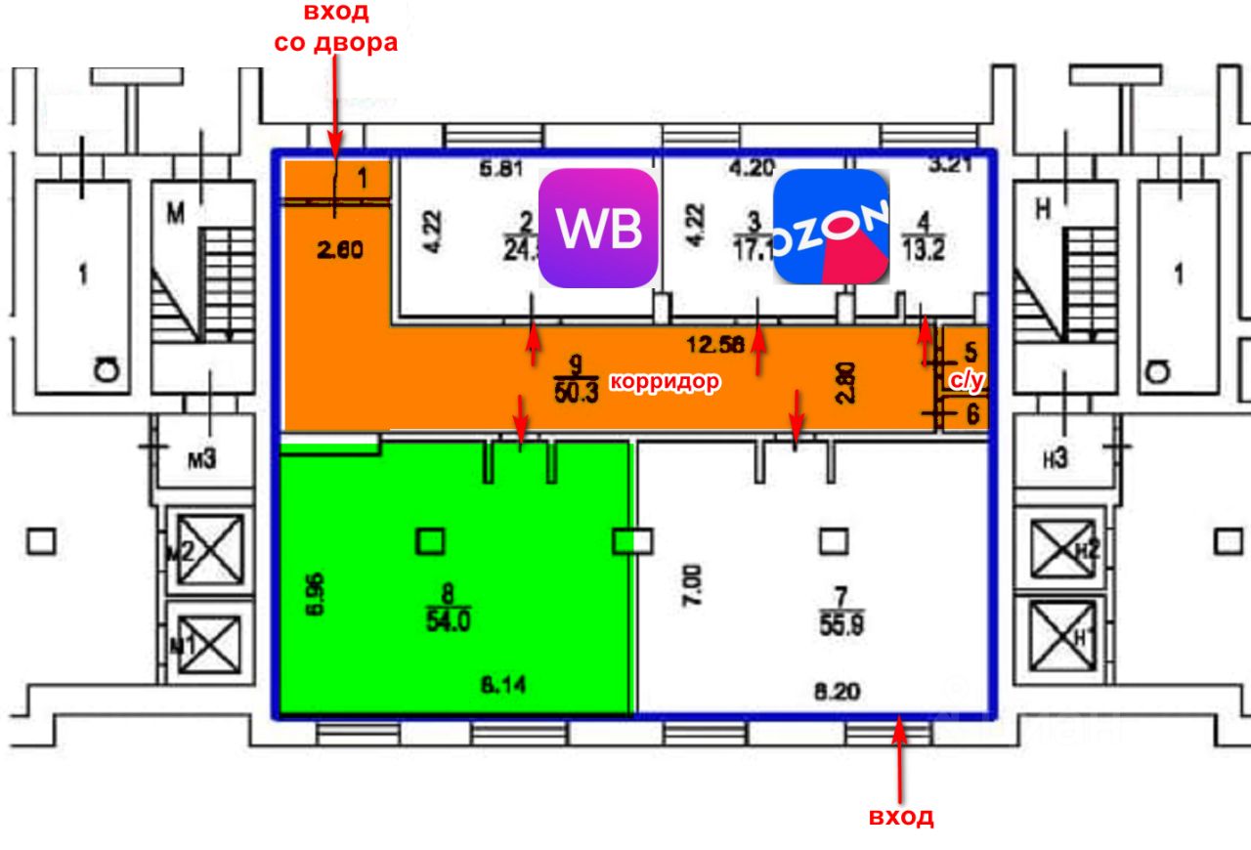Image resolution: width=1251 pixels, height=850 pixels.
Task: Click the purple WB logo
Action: (x=598, y=228)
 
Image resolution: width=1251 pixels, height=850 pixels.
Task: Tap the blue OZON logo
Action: (x=831, y=227)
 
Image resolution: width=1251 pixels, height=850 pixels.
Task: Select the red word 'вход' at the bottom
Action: (x=901, y=817)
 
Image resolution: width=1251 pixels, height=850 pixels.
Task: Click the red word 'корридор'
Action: (x=666, y=382)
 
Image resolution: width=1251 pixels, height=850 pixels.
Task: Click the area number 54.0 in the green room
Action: (x=448, y=619)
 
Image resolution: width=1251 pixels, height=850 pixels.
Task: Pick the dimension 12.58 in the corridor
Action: (x=714, y=343)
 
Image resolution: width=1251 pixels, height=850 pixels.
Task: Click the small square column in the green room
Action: (x=431, y=540)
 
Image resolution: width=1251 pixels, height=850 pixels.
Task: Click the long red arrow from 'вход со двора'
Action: (x=335, y=107)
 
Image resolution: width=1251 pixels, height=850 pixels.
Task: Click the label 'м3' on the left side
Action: (x=200, y=457)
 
